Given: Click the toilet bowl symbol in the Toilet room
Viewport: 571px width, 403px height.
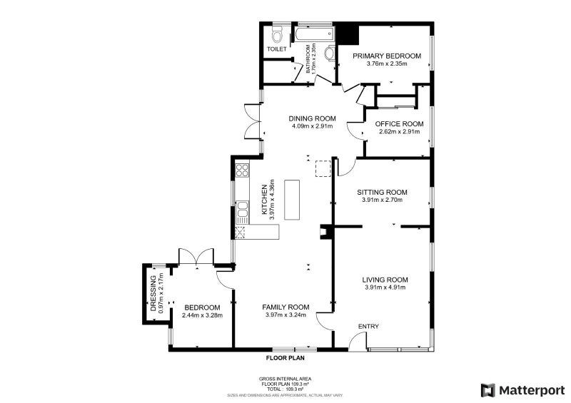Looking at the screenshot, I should pyautogui.click(x=277, y=35).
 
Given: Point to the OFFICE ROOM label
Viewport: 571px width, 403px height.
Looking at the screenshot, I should pyautogui.click(x=400, y=123).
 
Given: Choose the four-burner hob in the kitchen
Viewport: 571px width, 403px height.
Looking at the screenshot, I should pyautogui.click(x=241, y=170).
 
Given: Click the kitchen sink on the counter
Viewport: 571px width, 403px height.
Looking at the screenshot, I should pyautogui.click(x=242, y=208).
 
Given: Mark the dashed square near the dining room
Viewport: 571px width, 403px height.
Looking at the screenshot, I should pyautogui.click(x=323, y=168).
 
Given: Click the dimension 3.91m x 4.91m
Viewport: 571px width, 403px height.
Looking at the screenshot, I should pyautogui.click(x=385, y=287).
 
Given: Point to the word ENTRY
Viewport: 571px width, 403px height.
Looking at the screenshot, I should pyautogui.click(x=368, y=327).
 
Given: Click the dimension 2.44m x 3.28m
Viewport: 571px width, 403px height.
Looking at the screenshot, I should pyautogui.click(x=202, y=315).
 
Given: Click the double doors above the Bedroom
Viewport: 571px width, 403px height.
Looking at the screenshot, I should pyautogui.click(x=196, y=257).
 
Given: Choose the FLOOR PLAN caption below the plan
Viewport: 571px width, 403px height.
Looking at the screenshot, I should pyautogui.click(x=285, y=358).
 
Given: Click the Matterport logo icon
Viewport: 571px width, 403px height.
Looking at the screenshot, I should pyautogui.click(x=488, y=389).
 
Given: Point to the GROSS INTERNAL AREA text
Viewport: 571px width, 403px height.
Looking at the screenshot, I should pyautogui.click(x=285, y=379).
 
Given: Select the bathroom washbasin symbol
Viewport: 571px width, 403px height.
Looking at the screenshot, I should pyautogui.click(x=329, y=53).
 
